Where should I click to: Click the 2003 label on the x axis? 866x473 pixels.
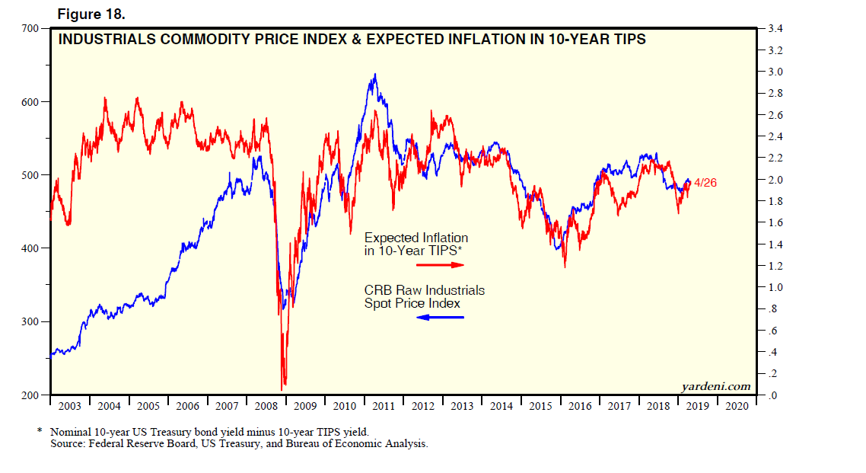pyautogui.click(x=69, y=406)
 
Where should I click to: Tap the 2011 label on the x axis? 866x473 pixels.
pyautogui.click(x=384, y=406)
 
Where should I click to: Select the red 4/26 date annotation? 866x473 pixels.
pyautogui.click(x=705, y=183)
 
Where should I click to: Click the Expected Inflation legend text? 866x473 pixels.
pyautogui.click(x=415, y=238)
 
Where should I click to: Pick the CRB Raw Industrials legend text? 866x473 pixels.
pyautogui.click(x=424, y=290)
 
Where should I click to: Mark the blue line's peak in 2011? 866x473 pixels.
pyautogui.click(x=374, y=75)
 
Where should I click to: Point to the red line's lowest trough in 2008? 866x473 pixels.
pyautogui.click(x=284, y=386)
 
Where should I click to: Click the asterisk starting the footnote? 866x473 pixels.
pyautogui.click(x=40, y=431)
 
